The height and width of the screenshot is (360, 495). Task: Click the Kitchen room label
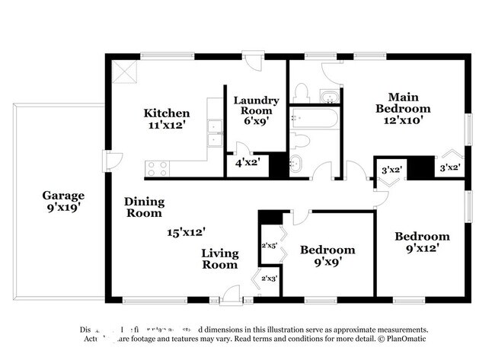coord(167,119)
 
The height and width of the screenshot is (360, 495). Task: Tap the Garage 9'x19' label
coord(63,201)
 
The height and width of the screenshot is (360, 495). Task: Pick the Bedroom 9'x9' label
coord(327,256)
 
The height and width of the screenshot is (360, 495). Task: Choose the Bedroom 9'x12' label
coord(421,242)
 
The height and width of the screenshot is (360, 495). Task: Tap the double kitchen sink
coord(215,139)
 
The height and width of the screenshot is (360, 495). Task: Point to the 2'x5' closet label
coord(270,245)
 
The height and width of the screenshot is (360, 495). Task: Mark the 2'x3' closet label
coord(270,279)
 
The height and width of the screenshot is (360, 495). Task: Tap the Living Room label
coord(220,259)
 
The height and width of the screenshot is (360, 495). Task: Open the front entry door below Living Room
coord(231,295)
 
